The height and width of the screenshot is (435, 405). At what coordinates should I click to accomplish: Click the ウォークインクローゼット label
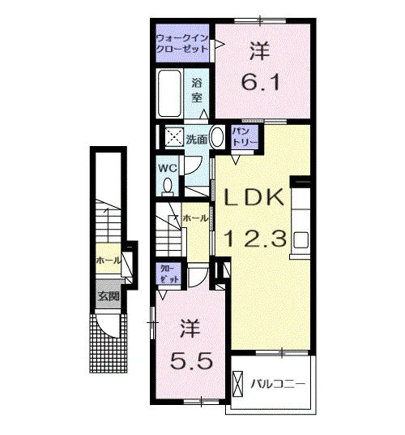pos(182,44)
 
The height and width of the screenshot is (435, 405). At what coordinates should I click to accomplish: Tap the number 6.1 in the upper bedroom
pos(261,82)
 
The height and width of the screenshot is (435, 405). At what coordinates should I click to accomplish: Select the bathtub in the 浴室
pos(169,93)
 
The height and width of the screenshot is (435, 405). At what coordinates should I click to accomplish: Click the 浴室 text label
pos(197,90)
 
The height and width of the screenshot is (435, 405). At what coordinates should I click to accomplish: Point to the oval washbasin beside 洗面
pos(217,137)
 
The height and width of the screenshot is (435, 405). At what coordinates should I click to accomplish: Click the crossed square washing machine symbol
pos(174,136)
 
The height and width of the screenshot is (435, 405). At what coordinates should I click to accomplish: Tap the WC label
pos(168,168)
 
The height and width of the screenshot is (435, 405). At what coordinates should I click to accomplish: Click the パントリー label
pos(245,137)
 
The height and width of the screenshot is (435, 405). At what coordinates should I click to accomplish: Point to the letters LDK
pos(254,197)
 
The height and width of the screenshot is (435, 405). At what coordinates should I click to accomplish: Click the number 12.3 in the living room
pos(254,239)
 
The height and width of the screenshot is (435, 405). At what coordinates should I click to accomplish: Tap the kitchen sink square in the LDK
pos(301,239)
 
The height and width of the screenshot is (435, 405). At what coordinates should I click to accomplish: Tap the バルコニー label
pos(278,384)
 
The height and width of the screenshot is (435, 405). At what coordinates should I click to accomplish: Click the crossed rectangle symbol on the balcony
pos(238,384)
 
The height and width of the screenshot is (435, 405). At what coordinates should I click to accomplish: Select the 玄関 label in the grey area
pos(109,296)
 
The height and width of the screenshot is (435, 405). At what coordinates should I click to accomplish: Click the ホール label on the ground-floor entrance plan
pos(109,261)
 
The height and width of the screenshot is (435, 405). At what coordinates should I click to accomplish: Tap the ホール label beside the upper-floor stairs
pos(195,218)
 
